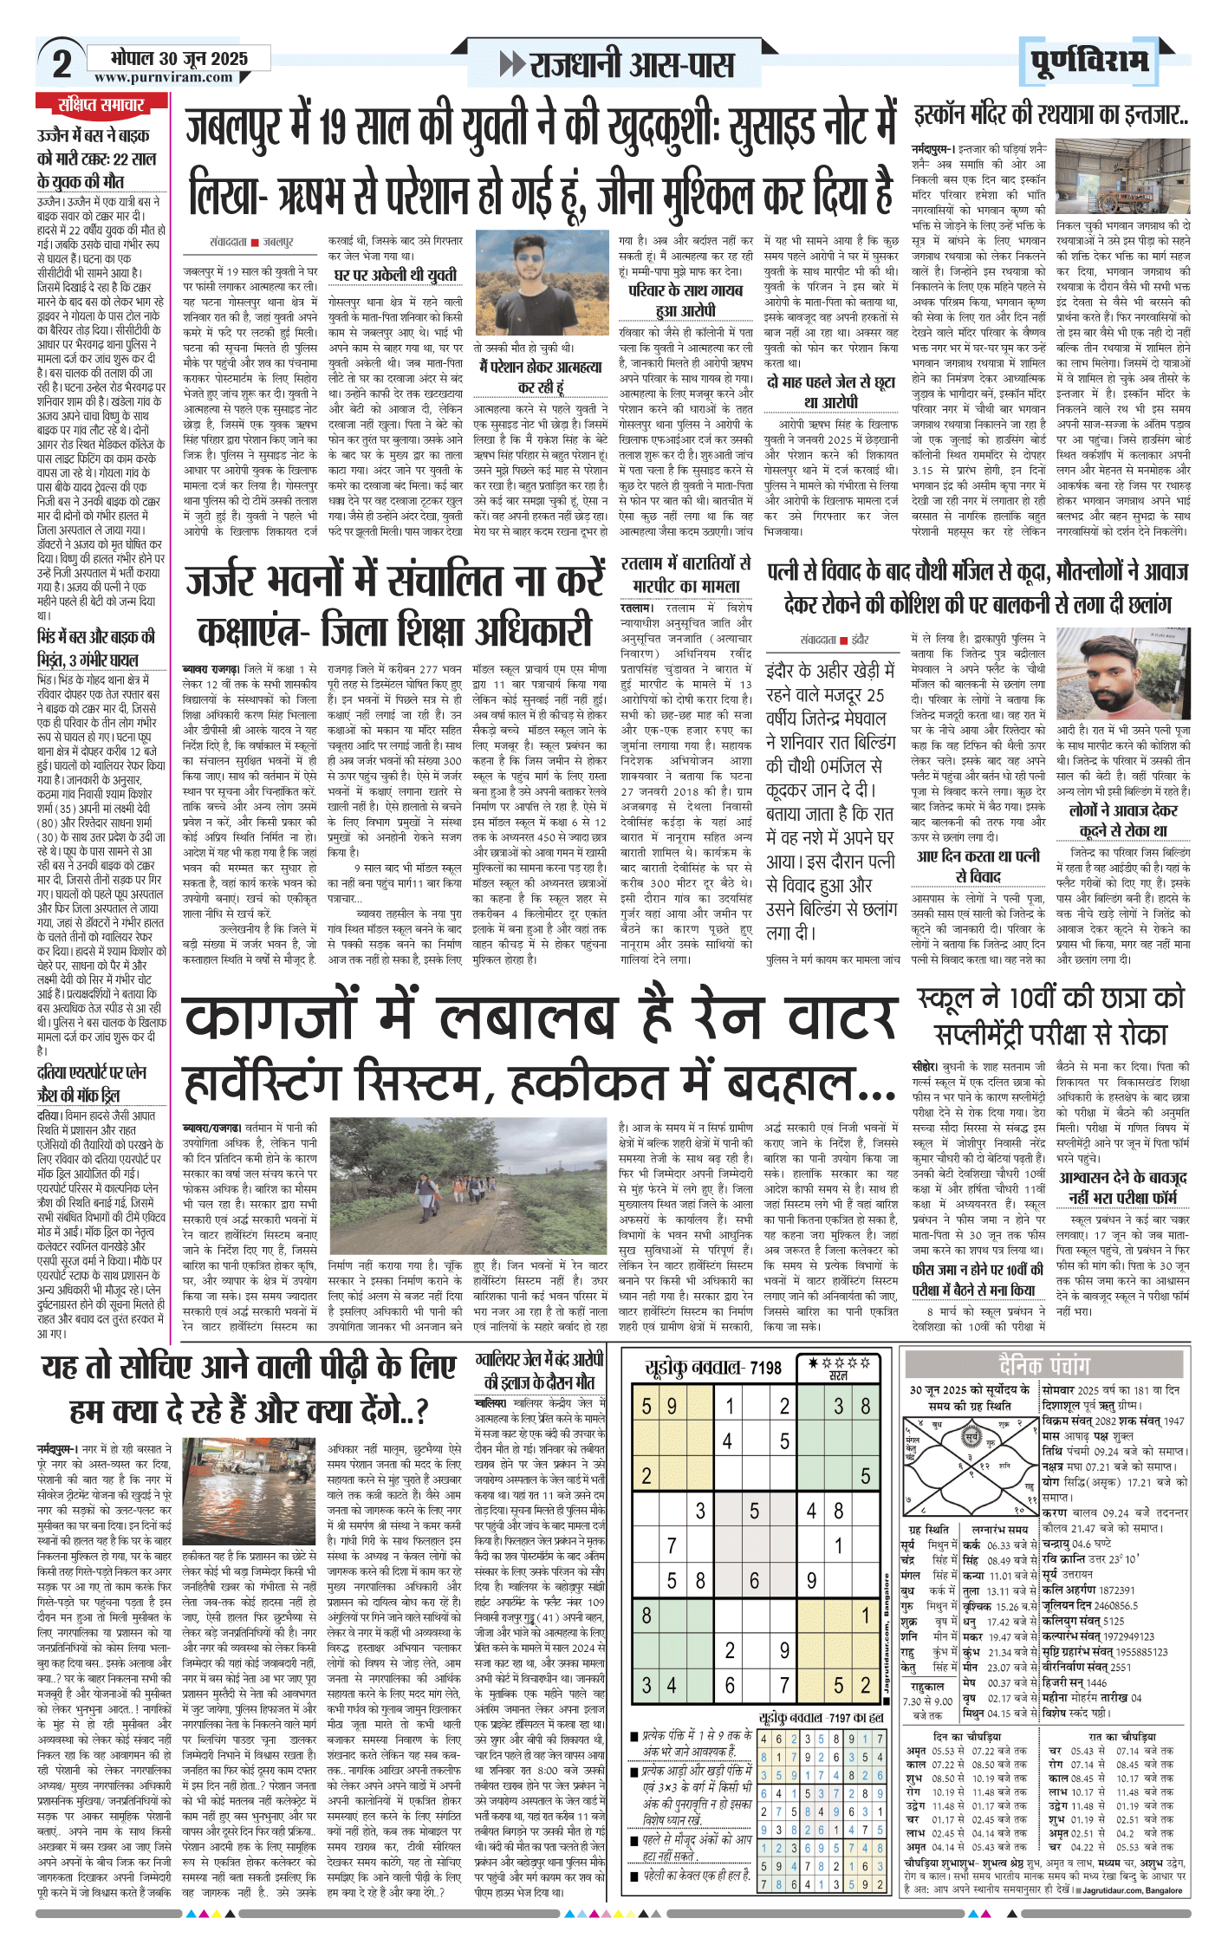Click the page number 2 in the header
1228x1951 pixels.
click(62, 64)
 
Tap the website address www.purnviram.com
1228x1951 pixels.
click(164, 77)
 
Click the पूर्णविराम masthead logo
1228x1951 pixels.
click(1091, 62)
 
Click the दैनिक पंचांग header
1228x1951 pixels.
click(1043, 1366)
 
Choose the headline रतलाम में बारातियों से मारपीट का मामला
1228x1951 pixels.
click(685, 574)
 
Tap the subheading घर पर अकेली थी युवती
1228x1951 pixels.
click(396, 275)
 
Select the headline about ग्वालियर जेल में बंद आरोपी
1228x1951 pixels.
click(539, 1370)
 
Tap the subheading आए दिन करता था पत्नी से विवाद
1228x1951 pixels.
click(978, 867)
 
